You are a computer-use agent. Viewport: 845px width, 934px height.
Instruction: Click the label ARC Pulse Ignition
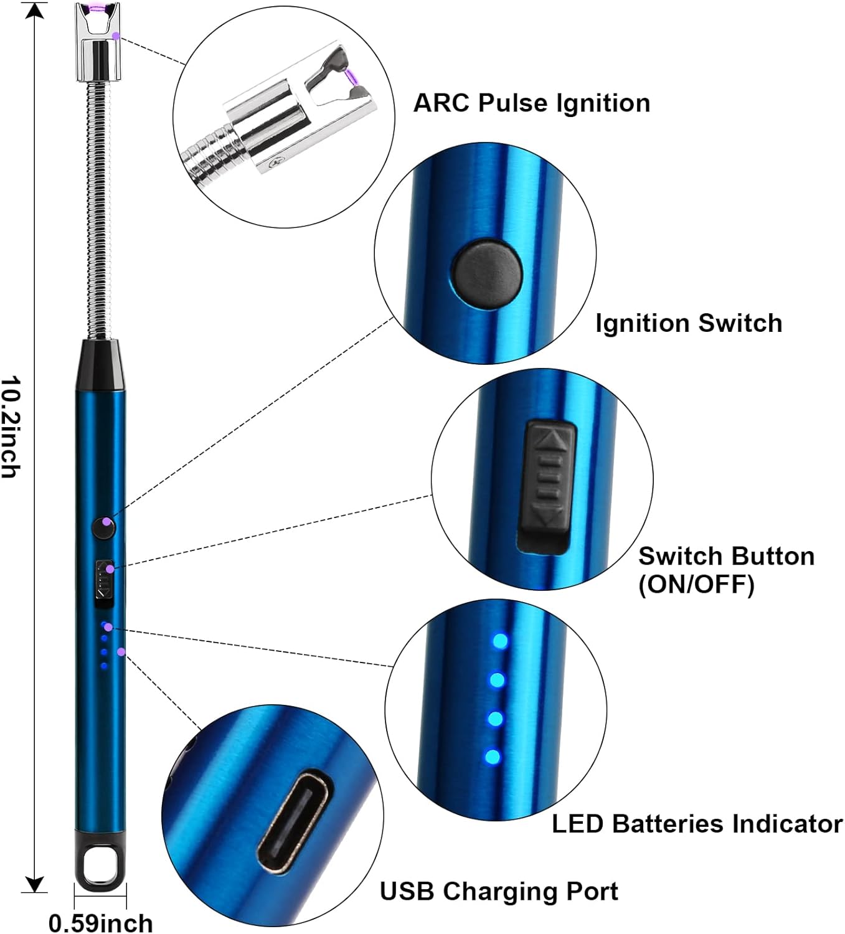(531, 103)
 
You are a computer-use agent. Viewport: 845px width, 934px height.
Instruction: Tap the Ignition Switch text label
(688, 323)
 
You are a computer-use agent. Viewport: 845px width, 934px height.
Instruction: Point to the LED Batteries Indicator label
(697, 823)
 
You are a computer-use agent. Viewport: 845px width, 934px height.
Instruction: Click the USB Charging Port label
(499, 891)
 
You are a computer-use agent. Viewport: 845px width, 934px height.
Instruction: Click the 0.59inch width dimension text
(100, 922)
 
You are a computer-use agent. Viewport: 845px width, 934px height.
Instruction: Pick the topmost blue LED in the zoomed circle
(499, 641)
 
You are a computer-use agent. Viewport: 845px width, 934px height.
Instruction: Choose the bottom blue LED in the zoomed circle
(492, 758)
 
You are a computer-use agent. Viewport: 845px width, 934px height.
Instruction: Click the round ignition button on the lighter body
(103, 527)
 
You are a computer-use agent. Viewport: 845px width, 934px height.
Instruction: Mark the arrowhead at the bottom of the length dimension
(35, 884)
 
